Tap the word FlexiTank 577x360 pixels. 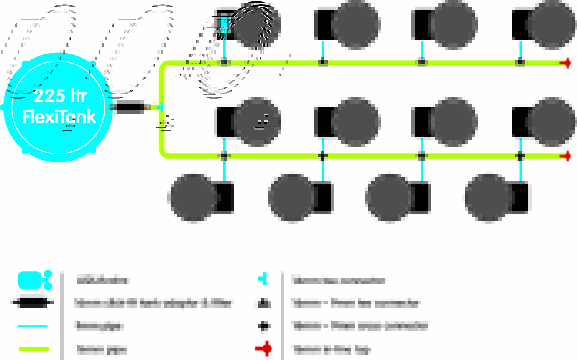click(x=59, y=117)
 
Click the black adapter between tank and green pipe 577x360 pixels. click(x=130, y=107)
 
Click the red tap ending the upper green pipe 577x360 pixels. click(x=566, y=63)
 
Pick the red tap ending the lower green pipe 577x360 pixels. click(x=566, y=156)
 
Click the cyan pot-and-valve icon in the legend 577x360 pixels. click(x=34, y=280)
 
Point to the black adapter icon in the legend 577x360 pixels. click(x=33, y=303)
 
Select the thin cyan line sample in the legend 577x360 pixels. click(x=33, y=326)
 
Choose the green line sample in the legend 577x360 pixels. click(x=33, y=349)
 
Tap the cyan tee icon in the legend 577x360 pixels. click(x=263, y=279)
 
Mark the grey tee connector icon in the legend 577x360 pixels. click(x=263, y=303)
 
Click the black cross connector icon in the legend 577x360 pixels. click(x=263, y=326)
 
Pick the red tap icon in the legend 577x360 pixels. click(x=264, y=349)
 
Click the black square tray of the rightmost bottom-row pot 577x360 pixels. click(x=520, y=197)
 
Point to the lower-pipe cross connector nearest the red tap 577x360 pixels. click(x=521, y=156)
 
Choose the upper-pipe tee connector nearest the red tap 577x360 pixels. click(x=521, y=63)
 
